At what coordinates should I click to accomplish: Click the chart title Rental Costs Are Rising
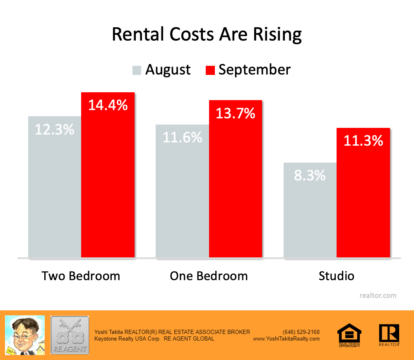click(207, 35)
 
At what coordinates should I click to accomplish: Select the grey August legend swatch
click(137, 70)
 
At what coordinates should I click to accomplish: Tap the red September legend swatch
click(210, 70)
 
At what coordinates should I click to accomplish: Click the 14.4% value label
click(108, 105)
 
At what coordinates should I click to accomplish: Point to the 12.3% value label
click(54, 130)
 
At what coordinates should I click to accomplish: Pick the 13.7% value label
click(236, 113)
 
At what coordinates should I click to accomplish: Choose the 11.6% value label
click(182, 137)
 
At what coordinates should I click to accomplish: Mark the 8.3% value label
click(310, 175)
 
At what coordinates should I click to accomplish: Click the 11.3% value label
click(363, 141)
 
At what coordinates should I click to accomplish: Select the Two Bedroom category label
click(81, 276)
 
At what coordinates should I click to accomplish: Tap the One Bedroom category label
click(209, 276)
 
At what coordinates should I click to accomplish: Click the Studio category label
click(337, 276)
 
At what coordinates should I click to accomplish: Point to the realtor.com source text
click(378, 295)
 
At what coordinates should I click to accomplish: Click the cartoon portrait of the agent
click(24, 335)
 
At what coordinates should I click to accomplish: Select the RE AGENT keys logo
click(70, 335)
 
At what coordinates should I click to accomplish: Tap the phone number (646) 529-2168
click(301, 332)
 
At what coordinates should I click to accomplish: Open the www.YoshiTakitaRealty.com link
click(286, 338)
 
